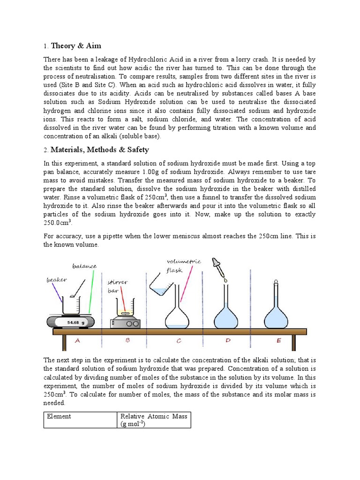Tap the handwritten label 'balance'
click(x=84, y=267)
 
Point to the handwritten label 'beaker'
click(x=56, y=280)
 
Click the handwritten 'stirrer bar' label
click(x=117, y=286)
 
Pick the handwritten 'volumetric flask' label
click(x=183, y=265)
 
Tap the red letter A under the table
click(x=77, y=341)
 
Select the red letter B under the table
click(x=127, y=341)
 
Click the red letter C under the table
click(x=179, y=341)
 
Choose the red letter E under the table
click(x=279, y=341)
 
